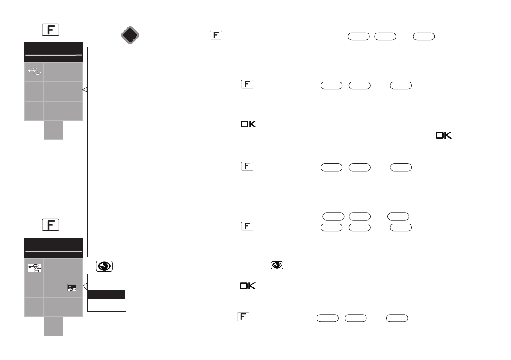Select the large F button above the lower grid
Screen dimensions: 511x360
pos(51,225)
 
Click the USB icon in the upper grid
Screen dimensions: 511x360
pos(34,72)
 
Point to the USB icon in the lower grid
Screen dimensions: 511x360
pos(34,268)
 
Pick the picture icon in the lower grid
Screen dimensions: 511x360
pos(72,288)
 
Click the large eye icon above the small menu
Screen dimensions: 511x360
pos(104,266)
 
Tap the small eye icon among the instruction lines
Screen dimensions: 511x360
pos(277,266)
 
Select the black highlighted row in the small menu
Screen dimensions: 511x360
pos(106,294)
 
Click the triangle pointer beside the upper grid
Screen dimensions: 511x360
pos(85,90)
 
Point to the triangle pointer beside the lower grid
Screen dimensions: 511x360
pos(85,286)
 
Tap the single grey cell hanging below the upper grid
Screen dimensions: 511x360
pos(53,130)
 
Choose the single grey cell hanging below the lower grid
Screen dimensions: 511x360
pos(53,327)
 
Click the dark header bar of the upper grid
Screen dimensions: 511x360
pos(53,52)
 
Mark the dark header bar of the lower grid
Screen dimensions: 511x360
pos(53,248)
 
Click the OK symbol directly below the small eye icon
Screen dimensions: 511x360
pos(248,286)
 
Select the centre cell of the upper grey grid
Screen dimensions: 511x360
pos(53,91)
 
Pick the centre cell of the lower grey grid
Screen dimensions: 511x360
pos(53,287)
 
